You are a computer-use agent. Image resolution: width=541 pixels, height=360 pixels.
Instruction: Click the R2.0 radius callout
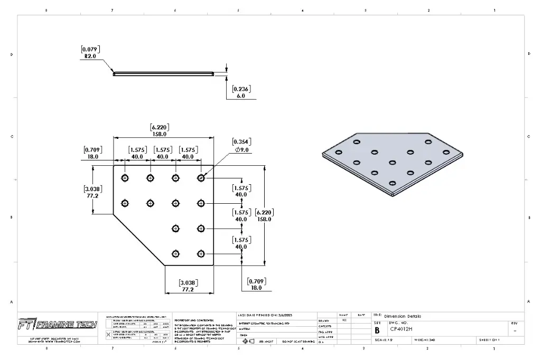click(90, 56)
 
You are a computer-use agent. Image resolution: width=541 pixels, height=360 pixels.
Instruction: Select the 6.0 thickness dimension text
click(241, 96)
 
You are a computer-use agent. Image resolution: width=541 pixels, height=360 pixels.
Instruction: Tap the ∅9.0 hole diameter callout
click(244, 150)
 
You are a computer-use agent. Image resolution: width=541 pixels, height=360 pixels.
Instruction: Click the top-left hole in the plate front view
click(125, 178)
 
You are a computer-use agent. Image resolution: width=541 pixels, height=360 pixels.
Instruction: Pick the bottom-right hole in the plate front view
click(201, 254)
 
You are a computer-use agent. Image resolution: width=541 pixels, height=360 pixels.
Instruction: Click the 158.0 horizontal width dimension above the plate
click(160, 134)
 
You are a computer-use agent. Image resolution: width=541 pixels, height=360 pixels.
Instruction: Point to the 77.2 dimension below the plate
click(189, 289)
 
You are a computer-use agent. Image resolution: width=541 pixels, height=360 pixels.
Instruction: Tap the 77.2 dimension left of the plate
click(92, 195)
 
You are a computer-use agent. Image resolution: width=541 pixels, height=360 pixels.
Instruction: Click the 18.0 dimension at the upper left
click(92, 157)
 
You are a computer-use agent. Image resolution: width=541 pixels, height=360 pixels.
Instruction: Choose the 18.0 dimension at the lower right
click(256, 288)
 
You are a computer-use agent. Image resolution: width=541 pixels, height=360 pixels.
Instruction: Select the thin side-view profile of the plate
click(164, 74)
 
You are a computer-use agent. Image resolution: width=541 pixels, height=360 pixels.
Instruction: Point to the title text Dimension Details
click(403, 316)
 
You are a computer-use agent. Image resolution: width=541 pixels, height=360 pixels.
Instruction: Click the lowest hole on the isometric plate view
click(393, 183)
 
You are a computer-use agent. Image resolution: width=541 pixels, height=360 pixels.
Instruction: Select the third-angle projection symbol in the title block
click(245, 342)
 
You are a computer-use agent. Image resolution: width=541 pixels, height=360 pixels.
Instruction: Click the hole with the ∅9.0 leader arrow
click(201, 178)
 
